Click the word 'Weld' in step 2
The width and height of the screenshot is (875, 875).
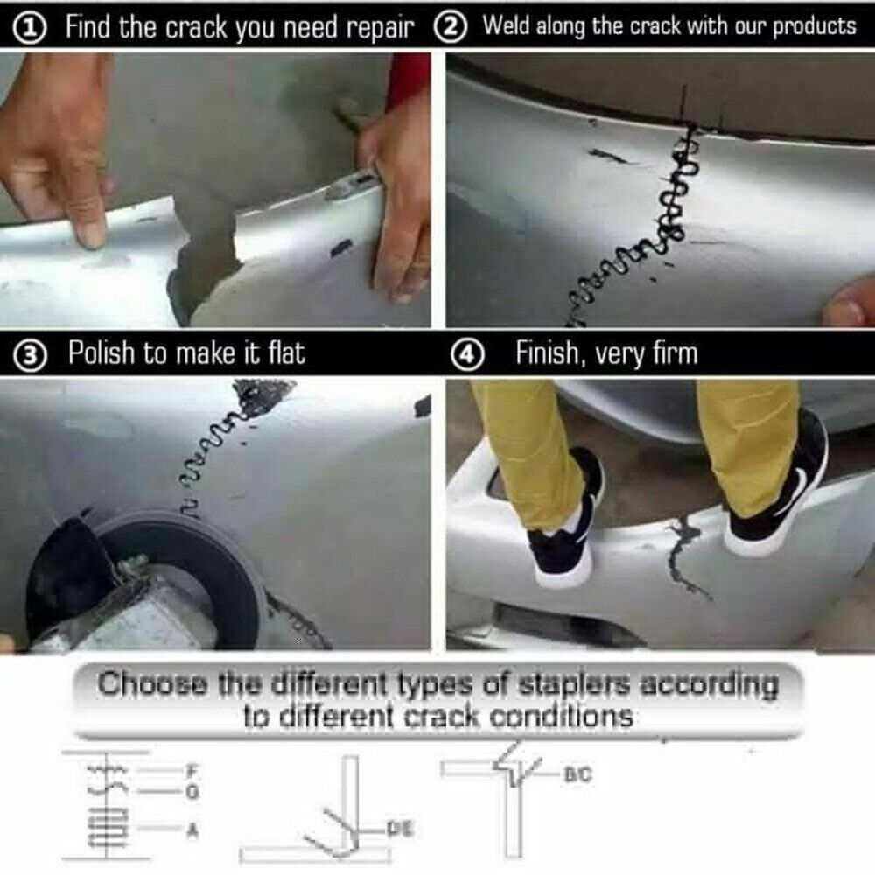click(x=507, y=25)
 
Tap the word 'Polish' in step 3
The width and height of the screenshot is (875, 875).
click(x=101, y=353)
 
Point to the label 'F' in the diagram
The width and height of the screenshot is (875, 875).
click(x=193, y=771)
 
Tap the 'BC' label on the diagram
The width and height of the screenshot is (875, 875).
click(x=578, y=774)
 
